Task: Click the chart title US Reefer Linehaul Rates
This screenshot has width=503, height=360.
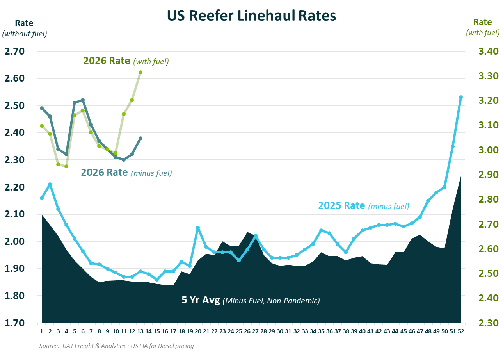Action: click(251, 16)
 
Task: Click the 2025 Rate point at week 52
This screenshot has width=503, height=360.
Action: click(461, 97)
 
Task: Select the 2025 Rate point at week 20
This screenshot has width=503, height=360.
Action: click(198, 228)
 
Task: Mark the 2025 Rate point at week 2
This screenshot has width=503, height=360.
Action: click(50, 184)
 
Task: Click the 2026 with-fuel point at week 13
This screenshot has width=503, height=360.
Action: click(140, 72)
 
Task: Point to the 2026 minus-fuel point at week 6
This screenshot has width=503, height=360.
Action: click(83, 100)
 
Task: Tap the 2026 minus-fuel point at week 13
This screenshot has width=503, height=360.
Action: click(140, 138)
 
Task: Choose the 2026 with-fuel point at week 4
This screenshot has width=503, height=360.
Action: click(66, 166)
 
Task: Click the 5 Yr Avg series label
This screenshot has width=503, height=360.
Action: click(251, 301)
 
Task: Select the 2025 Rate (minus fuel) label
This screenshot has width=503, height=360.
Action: click(363, 205)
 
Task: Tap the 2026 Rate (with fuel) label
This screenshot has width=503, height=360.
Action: click(126, 61)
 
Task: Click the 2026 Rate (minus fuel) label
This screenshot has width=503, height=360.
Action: click(126, 172)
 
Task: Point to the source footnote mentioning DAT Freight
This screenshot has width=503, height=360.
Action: click(116, 346)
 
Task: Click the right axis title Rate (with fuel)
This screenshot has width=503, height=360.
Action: click(482, 27)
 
